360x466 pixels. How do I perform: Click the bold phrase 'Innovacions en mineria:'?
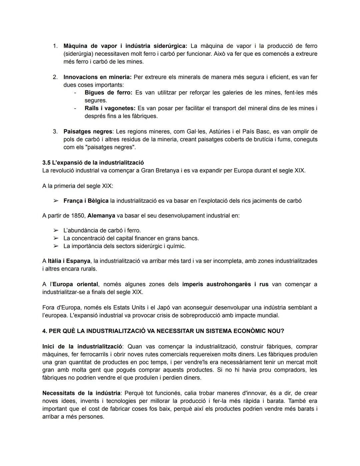tap(97, 77)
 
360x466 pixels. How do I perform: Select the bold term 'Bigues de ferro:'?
tap(108, 92)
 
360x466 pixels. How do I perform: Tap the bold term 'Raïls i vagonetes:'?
tap(110, 108)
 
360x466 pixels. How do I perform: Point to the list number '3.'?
tap(55, 131)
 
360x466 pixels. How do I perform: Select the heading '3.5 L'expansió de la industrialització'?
tap(93, 162)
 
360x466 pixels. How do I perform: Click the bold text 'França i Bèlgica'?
tap(86, 201)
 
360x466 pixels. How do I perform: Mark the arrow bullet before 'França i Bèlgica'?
tap(56, 201)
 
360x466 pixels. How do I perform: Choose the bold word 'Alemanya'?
tap(101, 215)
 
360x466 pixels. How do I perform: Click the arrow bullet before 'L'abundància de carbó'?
tap(56, 230)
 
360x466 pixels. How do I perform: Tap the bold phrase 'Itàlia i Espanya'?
tap(69, 261)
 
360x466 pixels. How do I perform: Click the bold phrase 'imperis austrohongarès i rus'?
tap(225, 284)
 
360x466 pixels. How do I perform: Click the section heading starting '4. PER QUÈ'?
tap(163, 331)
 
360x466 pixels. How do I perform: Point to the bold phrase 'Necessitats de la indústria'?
tap(81, 393)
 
